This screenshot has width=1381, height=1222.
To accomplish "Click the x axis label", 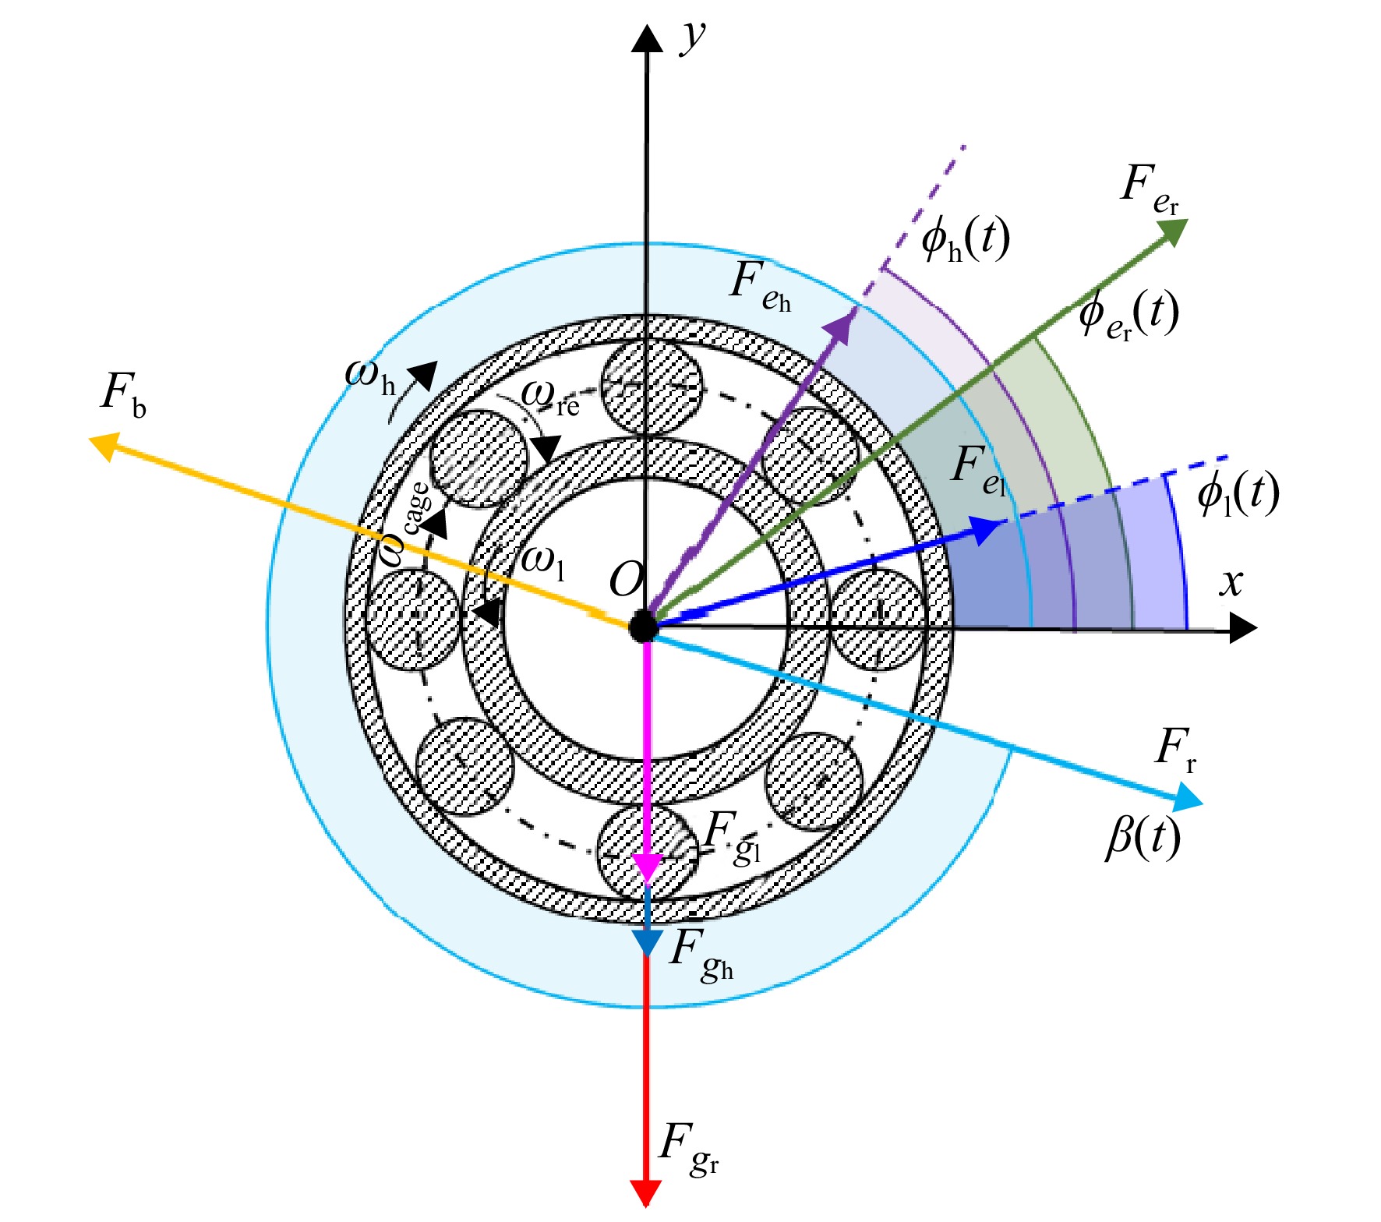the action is tap(1232, 582).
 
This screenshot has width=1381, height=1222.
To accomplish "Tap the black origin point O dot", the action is tap(644, 626).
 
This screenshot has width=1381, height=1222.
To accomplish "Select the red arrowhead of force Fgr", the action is tap(645, 1192).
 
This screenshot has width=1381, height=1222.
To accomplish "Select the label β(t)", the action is tap(1143, 839).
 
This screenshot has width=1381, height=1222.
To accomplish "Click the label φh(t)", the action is tap(966, 238).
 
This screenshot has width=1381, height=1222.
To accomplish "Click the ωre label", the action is tap(550, 396).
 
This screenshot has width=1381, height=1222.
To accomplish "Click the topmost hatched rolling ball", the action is tap(653, 387).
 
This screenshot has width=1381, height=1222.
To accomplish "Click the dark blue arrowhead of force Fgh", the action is tap(647, 942).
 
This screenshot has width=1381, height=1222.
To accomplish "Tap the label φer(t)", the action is tap(1128, 314).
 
